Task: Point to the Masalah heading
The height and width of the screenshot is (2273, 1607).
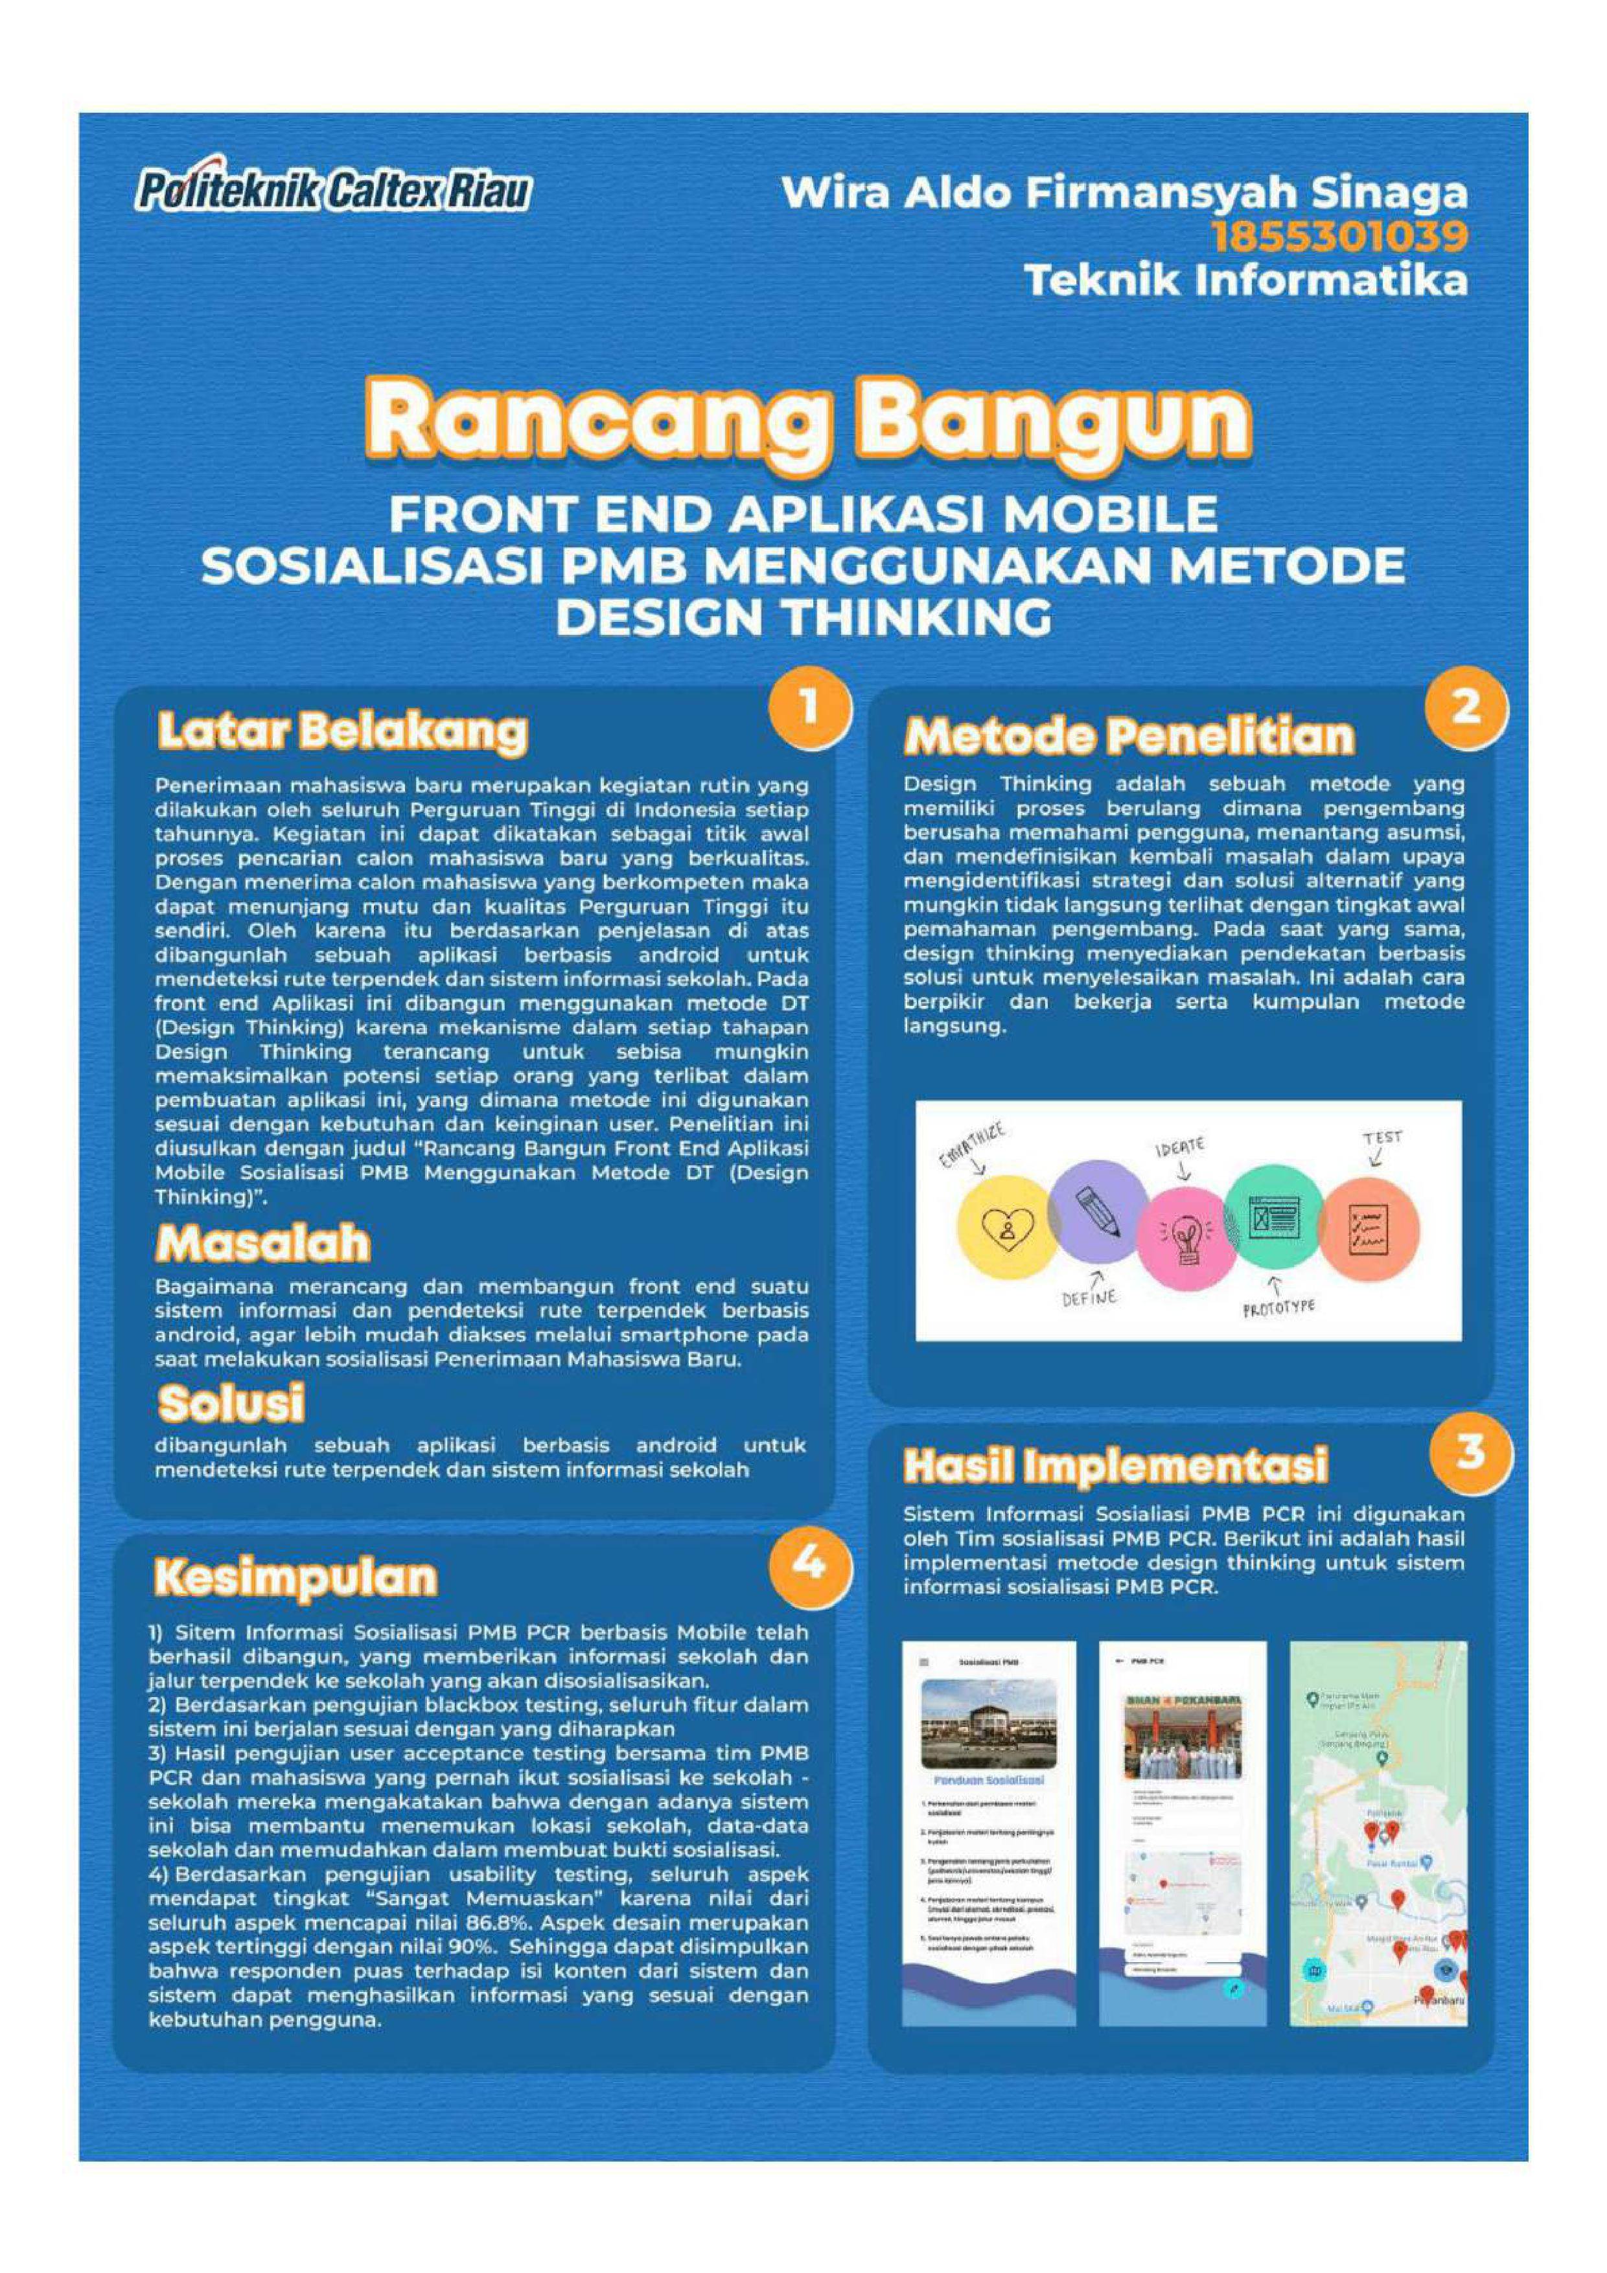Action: coord(263,1244)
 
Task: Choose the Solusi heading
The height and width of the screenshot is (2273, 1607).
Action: coord(231,1403)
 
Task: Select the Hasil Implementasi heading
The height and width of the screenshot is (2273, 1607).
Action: coord(1115,1466)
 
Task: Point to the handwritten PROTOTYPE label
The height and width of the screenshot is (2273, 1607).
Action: coord(1279,1308)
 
